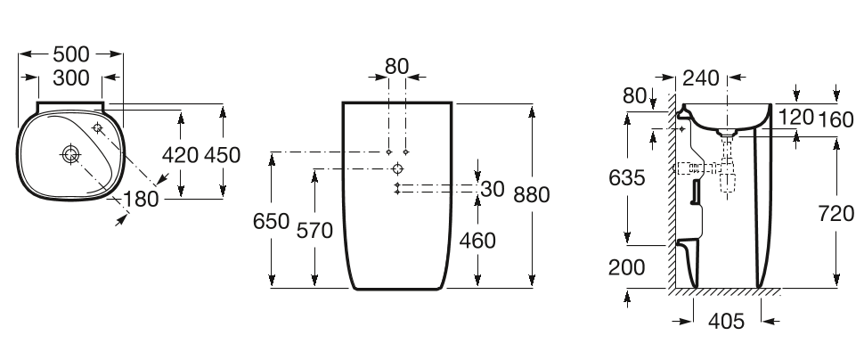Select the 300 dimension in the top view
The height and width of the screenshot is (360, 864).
[70, 78]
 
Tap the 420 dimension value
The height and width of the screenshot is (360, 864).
[181, 154]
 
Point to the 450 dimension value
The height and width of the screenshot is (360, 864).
[222, 154]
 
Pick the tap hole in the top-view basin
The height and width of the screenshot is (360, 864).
[98, 128]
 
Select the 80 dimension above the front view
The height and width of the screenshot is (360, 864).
[397, 66]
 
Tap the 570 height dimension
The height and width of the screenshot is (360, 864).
[314, 231]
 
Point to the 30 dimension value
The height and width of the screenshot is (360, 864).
[493, 189]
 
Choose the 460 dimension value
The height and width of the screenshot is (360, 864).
[477, 241]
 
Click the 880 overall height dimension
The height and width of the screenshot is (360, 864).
[532, 194]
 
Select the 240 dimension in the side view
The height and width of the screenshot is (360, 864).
[703, 78]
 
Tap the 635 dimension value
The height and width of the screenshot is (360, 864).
[627, 178]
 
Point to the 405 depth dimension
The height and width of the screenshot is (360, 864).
[726, 321]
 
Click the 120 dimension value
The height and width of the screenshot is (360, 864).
[796, 117]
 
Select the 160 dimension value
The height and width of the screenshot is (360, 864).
[835, 117]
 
